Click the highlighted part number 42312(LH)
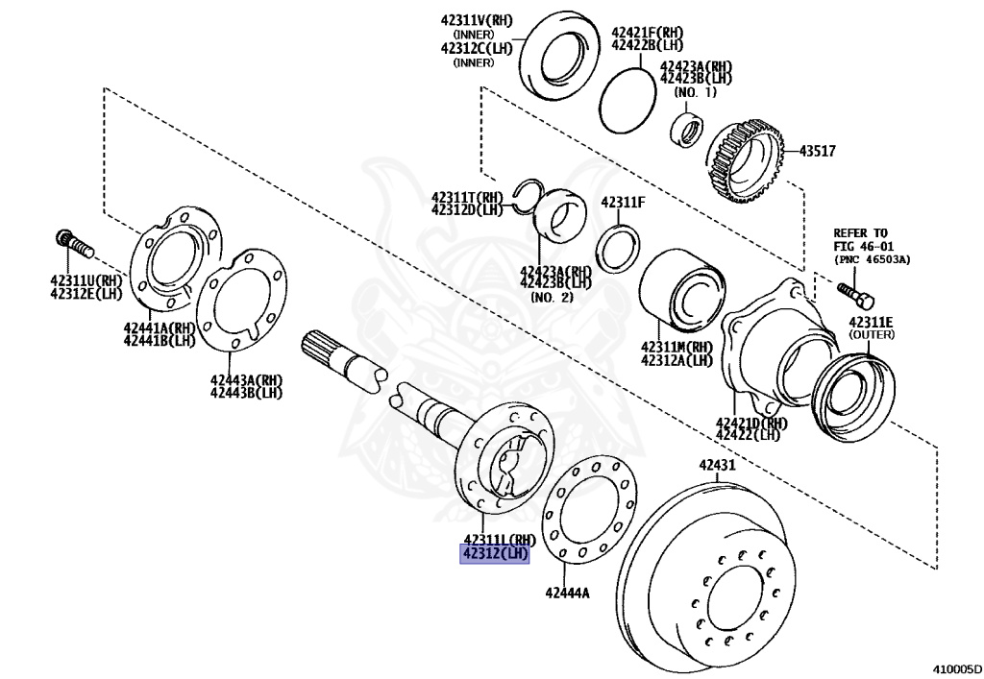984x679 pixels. point(495,554)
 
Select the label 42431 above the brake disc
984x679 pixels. point(717,466)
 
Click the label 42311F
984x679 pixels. point(623,202)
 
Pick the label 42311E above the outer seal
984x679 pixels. point(870,322)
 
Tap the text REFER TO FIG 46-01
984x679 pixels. point(861,239)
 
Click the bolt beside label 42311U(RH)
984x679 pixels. point(73,244)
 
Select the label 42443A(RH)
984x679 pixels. point(247,378)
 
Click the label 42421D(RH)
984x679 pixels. point(751,422)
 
